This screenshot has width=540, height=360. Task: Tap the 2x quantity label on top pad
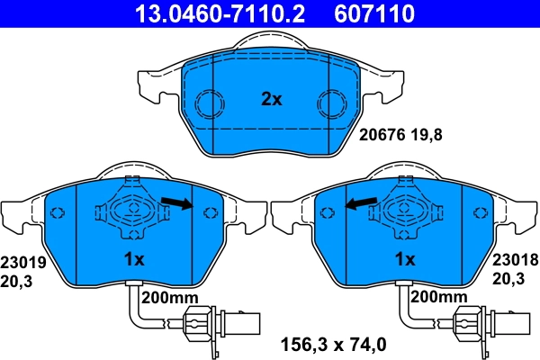(271, 100)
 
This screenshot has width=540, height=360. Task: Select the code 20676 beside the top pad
(382, 136)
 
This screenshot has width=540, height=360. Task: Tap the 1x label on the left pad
(134, 260)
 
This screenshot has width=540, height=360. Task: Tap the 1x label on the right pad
(405, 260)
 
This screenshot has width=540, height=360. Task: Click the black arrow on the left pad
(180, 205)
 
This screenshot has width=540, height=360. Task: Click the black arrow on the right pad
(361, 205)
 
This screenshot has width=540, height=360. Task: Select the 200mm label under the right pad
(438, 296)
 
